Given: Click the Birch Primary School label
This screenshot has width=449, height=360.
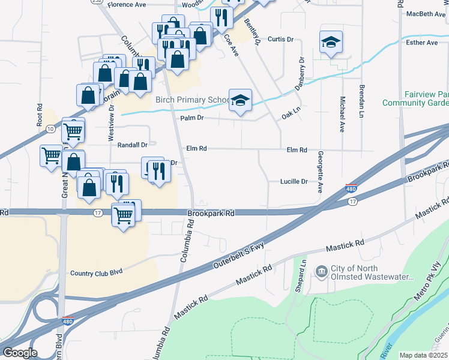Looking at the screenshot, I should click(x=192, y=100).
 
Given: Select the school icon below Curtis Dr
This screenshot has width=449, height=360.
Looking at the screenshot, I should click(x=330, y=42).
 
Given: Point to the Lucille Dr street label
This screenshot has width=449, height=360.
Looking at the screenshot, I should click(x=294, y=181).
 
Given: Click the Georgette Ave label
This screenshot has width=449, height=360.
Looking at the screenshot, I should click(x=320, y=171).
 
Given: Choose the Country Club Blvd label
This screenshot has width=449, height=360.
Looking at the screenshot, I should click(x=96, y=272).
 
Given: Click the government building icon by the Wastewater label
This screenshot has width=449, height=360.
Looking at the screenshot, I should click(x=321, y=272).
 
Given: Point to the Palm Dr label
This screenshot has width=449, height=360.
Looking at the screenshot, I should click(x=193, y=118).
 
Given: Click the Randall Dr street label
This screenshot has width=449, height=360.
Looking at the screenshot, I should click(x=133, y=145).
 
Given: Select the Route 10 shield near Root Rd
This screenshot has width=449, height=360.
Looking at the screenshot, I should click(x=51, y=128).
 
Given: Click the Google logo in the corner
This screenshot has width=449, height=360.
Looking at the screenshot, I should click(x=20, y=353).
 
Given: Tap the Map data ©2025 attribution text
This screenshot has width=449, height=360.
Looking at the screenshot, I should click(x=423, y=355).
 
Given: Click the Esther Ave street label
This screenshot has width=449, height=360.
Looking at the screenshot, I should click(x=422, y=43).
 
